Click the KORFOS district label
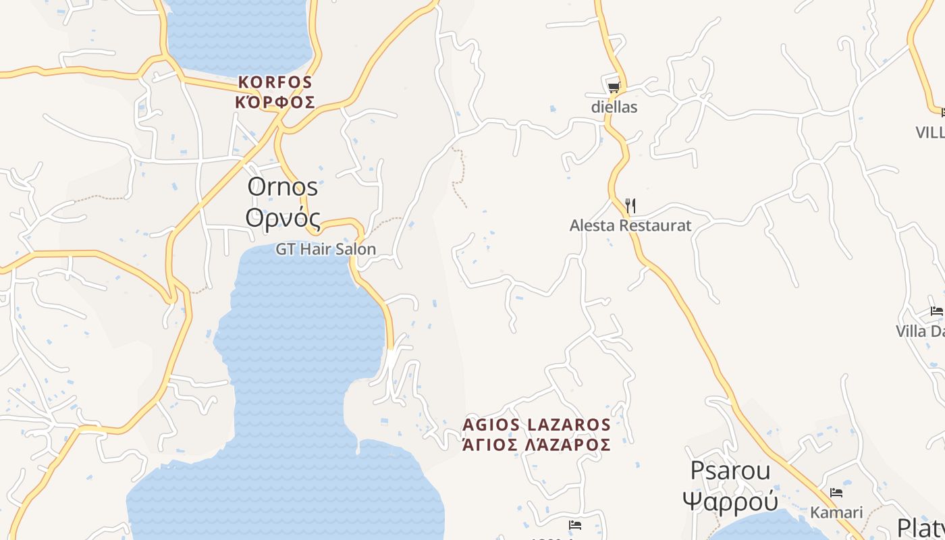click(x=275, y=82)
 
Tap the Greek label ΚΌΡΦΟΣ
click(x=275, y=103)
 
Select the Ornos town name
click(x=282, y=186)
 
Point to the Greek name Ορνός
click(x=282, y=217)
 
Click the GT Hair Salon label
click(x=325, y=249)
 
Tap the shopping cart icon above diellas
click(x=614, y=87)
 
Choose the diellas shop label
click(x=614, y=107)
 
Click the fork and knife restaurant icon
click(x=630, y=205)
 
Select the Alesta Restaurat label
click(x=630, y=225)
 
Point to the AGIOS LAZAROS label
click(x=537, y=425)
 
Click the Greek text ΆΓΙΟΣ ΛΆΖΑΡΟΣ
click(x=537, y=445)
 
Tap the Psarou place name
click(x=730, y=470)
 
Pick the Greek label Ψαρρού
click(x=730, y=502)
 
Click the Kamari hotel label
click(x=836, y=512)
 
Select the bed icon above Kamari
click(x=836, y=493)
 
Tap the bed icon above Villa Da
click(x=937, y=311)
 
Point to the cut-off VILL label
click(x=930, y=132)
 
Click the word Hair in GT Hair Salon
click(x=316, y=249)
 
